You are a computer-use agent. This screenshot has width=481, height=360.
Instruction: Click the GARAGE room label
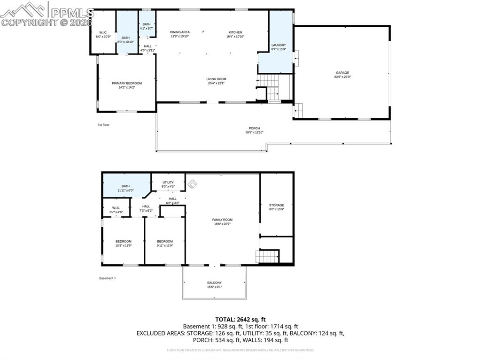click(342, 73)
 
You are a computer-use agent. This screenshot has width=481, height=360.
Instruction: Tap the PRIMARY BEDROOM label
click(126, 83)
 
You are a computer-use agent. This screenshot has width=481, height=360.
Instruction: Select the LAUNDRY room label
click(279, 46)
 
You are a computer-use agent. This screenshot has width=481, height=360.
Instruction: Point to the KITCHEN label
click(235, 32)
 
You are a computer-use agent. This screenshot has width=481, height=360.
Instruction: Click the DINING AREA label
click(179, 32)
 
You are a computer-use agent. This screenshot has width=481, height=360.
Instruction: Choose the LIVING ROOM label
click(216, 79)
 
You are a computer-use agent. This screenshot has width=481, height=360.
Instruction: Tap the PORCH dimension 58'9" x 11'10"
click(254, 132)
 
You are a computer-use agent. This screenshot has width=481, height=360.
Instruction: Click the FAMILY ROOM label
click(222, 220)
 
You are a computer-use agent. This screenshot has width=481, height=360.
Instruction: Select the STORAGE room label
click(276, 205)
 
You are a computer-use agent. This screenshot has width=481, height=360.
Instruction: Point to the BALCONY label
click(214, 283)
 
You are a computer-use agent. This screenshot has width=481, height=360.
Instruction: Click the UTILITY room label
click(168, 182)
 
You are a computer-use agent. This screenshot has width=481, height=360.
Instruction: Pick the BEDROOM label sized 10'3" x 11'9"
click(124, 241)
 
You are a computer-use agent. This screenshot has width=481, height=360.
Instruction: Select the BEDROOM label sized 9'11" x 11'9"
click(165, 241)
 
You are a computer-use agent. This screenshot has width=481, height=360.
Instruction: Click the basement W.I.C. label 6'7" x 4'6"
click(116, 208)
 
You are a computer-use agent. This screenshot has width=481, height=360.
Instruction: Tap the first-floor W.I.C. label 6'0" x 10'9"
click(103, 32)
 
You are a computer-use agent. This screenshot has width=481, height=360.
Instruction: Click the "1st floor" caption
click(103, 125)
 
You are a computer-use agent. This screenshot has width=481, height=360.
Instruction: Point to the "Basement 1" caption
click(107, 278)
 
